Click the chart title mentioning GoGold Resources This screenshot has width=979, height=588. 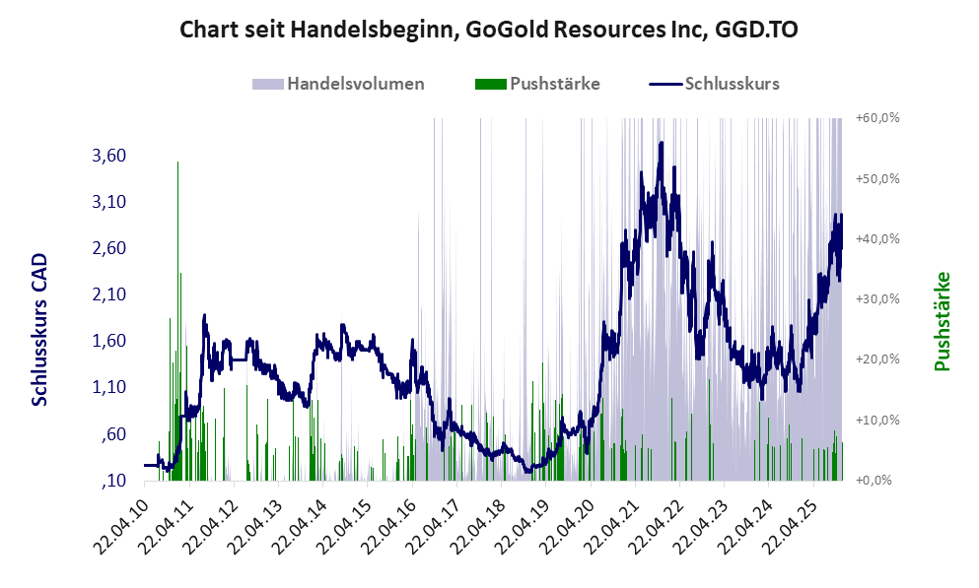click(x=489, y=30)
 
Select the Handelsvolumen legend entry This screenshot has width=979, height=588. click(x=339, y=84)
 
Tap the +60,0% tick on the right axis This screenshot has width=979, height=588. click(x=877, y=118)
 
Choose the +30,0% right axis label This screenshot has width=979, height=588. click(x=877, y=299)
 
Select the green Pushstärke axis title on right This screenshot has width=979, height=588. click(x=943, y=322)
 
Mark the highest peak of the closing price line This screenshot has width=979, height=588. click(x=662, y=143)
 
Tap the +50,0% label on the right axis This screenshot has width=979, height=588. click(x=877, y=179)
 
